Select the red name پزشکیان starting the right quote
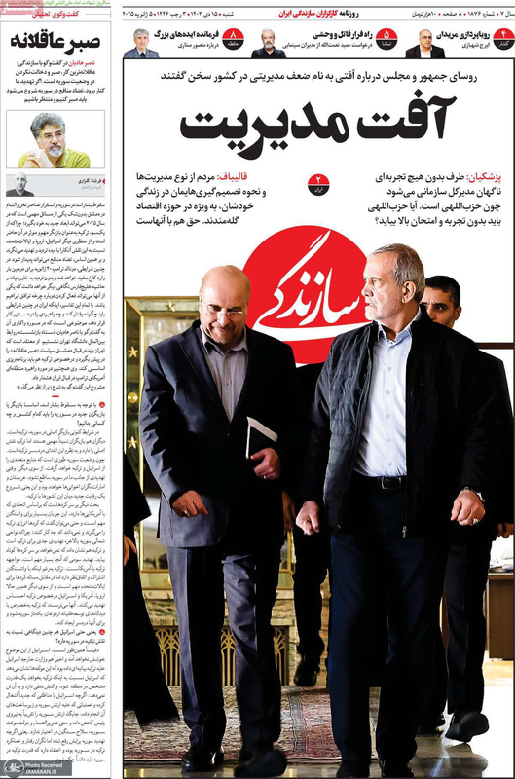[x=484, y=180]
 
